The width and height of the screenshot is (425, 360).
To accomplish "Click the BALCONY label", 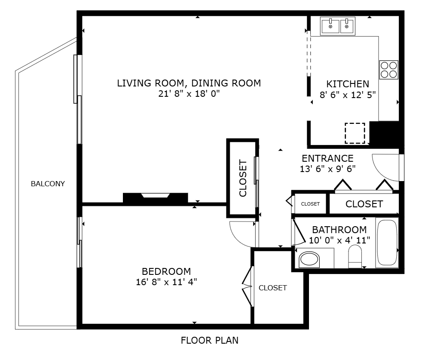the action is click(x=48, y=184).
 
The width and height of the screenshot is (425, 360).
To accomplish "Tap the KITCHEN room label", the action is click(x=348, y=84).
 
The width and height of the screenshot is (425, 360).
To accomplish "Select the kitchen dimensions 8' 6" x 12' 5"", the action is click(x=348, y=95).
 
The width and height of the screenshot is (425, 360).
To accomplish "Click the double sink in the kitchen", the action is click(x=338, y=26).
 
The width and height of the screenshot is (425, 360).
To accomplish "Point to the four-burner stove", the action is click(x=388, y=70).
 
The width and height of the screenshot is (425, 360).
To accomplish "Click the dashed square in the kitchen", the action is click(x=355, y=133).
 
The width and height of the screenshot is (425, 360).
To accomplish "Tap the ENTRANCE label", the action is click(x=327, y=158).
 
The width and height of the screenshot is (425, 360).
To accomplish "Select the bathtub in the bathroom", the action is click(x=387, y=243).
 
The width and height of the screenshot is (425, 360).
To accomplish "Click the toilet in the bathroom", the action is click(x=355, y=256).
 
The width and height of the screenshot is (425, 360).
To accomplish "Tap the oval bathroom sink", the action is click(x=309, y=260).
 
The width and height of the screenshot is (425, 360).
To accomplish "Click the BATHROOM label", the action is click(x=339, y=230).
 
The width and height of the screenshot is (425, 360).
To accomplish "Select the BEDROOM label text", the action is click(x=166, y=271).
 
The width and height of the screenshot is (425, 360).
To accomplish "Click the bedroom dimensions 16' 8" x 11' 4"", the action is click(x=166, y=282).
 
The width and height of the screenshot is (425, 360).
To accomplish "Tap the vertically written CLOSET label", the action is click(x=243, y=178).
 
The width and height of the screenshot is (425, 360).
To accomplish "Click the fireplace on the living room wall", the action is click(x=156, y=197).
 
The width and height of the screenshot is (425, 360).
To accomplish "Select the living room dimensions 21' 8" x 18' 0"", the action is click(x=189, y=94).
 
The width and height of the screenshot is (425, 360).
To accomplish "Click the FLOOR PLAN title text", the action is click(x=210, y=340).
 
